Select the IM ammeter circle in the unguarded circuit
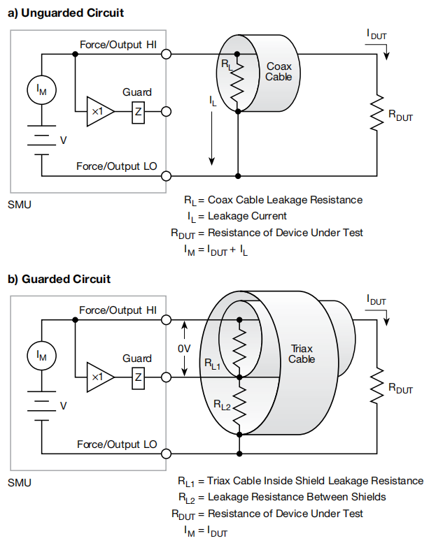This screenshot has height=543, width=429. tap(41, 89)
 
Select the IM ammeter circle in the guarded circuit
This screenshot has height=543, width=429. tap(41, 356)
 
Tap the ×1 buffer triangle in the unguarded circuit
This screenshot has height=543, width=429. tap(99, 111)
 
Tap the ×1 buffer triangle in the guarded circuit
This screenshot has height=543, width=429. tap(99, 377)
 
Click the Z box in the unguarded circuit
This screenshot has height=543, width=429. tap(138, 111)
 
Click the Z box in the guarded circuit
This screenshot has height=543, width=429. tap(138, 377)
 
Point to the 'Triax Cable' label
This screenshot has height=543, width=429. tap(302, 354)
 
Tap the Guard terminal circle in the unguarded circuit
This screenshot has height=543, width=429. tap(167, 111)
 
